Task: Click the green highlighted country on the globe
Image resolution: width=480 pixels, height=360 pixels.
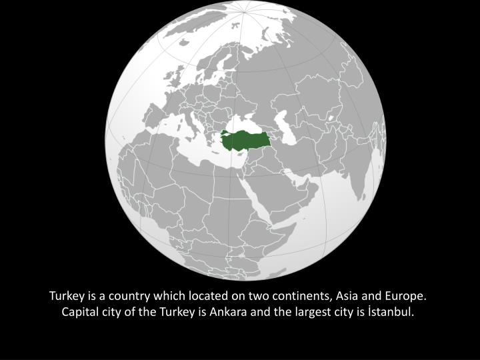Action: coord(247,141)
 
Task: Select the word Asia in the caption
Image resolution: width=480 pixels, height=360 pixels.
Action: coord(349,295)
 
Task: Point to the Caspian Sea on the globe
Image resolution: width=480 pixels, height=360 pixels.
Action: coord(288,124)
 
